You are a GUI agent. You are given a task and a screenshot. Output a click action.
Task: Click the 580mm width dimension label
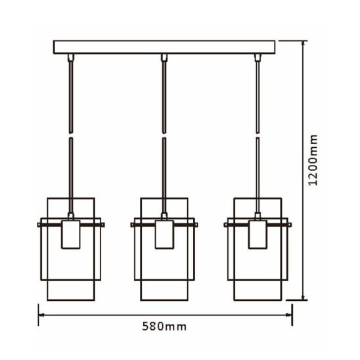(164, 326)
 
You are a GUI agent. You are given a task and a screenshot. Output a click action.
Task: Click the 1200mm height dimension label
(313, 160)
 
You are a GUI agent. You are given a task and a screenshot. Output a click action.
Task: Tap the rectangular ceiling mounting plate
(164, 47)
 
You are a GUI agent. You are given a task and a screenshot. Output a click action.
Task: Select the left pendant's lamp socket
(71, 235)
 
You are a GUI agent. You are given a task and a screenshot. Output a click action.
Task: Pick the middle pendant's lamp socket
(164, 235)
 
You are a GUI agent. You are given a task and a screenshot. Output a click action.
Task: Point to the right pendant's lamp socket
(258, 235)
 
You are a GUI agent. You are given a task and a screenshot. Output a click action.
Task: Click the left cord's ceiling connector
(71, 57)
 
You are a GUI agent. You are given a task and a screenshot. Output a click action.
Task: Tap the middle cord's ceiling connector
(164, 57)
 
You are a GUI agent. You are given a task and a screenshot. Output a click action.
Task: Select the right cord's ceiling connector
(258, 57)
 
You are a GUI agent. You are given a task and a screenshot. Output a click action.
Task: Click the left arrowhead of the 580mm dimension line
(41, 315)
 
